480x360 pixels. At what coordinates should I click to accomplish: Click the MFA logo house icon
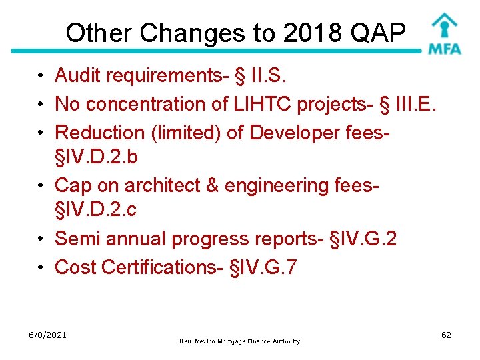click(x=443, y=26)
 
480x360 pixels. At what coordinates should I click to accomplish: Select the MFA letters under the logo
click(x=444, y=49)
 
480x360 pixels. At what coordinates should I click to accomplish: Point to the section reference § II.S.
click(x=261, y=76)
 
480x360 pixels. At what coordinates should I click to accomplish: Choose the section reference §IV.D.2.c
click(x=97, y=209)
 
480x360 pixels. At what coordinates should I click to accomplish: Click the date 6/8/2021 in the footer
click(x=47, y=335)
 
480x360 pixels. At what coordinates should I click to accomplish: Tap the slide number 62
click(x=446, y=335)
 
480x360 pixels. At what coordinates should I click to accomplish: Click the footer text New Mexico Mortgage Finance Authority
click(x=240, y=341)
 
